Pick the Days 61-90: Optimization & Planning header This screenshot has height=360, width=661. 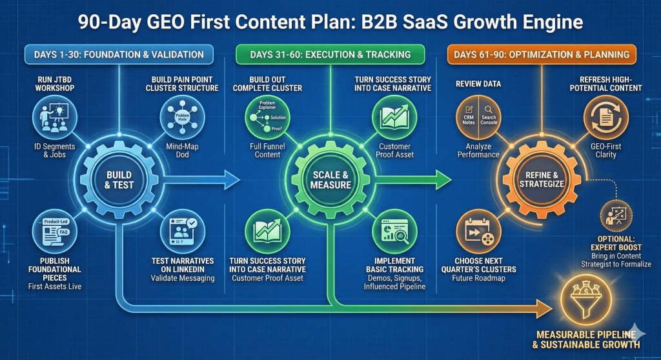click(x=541, y=55)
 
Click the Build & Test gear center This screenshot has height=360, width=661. click(x=119, y=179)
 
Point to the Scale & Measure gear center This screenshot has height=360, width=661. click(x=330, y=179)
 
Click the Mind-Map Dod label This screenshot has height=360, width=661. click(x=182, y=150)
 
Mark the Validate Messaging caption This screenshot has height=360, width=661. click(x=182, y=278)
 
